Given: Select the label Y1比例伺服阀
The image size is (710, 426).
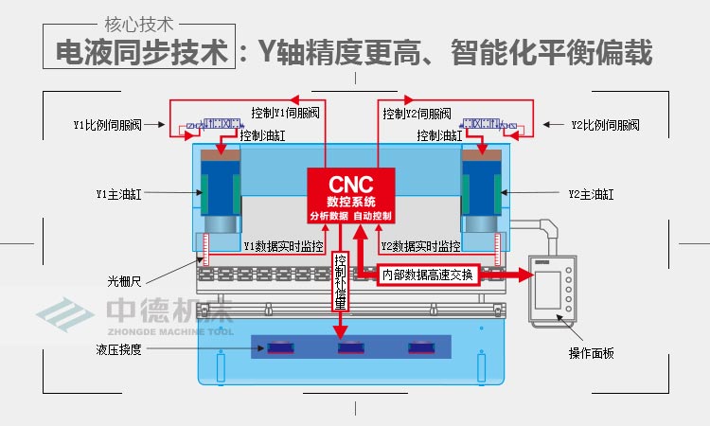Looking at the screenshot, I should click(x=107, y=125).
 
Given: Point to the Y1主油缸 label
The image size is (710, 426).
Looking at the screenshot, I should click(x=116, y=194).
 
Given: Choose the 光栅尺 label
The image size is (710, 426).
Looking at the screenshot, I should click(x=125, y=280).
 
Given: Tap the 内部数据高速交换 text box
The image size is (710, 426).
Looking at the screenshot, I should click(x=426, y=275).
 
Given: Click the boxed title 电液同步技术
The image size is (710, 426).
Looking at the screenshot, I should click(x=141, y=53).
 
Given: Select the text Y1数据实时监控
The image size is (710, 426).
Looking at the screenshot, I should click(x=283, y=247).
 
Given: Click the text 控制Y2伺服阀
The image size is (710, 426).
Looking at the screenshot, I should click(x=417, y=114).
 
